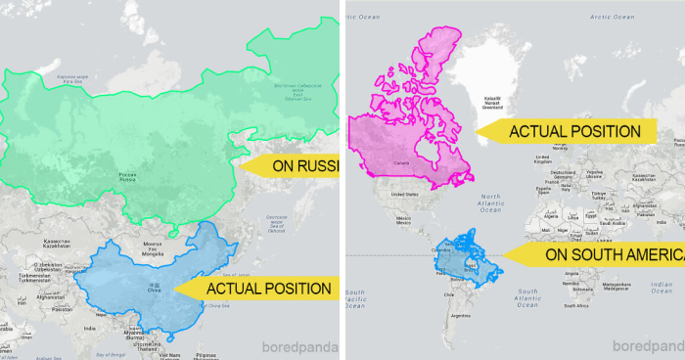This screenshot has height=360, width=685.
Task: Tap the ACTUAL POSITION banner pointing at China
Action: point(266,289)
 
